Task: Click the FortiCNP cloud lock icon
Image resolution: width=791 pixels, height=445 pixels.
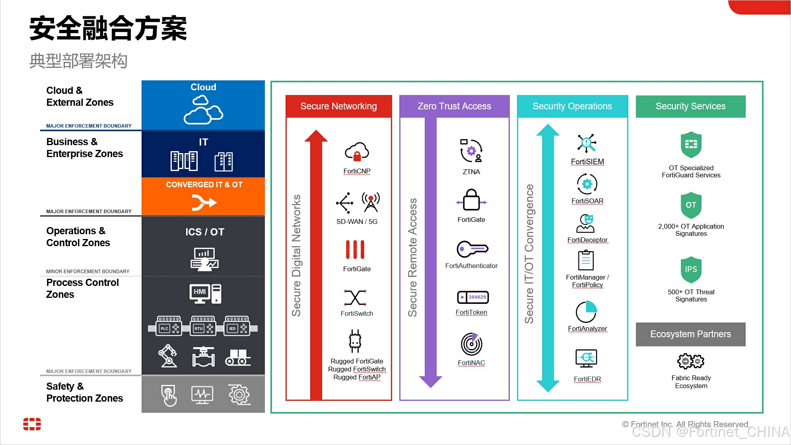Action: pos(357,152)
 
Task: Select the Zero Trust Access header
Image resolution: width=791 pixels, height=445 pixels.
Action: pos(454,106)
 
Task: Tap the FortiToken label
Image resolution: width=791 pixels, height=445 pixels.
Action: pos(471,313)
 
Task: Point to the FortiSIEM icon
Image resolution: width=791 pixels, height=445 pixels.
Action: pos(587,143)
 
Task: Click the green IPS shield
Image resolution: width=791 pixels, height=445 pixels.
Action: pos(691,270)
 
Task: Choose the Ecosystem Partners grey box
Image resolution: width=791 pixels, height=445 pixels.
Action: pos(690,334)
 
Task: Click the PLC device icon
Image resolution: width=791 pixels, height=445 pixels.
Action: pos(169,326)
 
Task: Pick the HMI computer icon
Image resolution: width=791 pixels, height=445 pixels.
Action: pos(205,293)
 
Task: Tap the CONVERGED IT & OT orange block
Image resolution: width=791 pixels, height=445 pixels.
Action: pos(203,196)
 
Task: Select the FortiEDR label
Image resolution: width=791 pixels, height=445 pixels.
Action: pos(587,379)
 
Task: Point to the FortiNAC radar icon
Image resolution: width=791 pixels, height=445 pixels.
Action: pos(471,344)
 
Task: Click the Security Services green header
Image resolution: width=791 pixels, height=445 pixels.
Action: pos(690,106)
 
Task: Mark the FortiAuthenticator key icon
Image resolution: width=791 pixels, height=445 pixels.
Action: pos(472,249)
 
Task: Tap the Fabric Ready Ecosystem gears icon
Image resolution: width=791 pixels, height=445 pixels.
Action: pos(691,361)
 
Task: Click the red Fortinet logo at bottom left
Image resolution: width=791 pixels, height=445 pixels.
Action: pos(32,424)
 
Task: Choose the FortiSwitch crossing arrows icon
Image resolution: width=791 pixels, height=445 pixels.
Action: pos(355,297)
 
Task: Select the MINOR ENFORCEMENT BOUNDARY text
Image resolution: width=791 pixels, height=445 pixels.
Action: pos(87,272)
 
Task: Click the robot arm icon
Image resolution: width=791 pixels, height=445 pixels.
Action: pos(168,356)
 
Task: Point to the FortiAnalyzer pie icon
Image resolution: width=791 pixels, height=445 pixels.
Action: pos(586,312)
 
